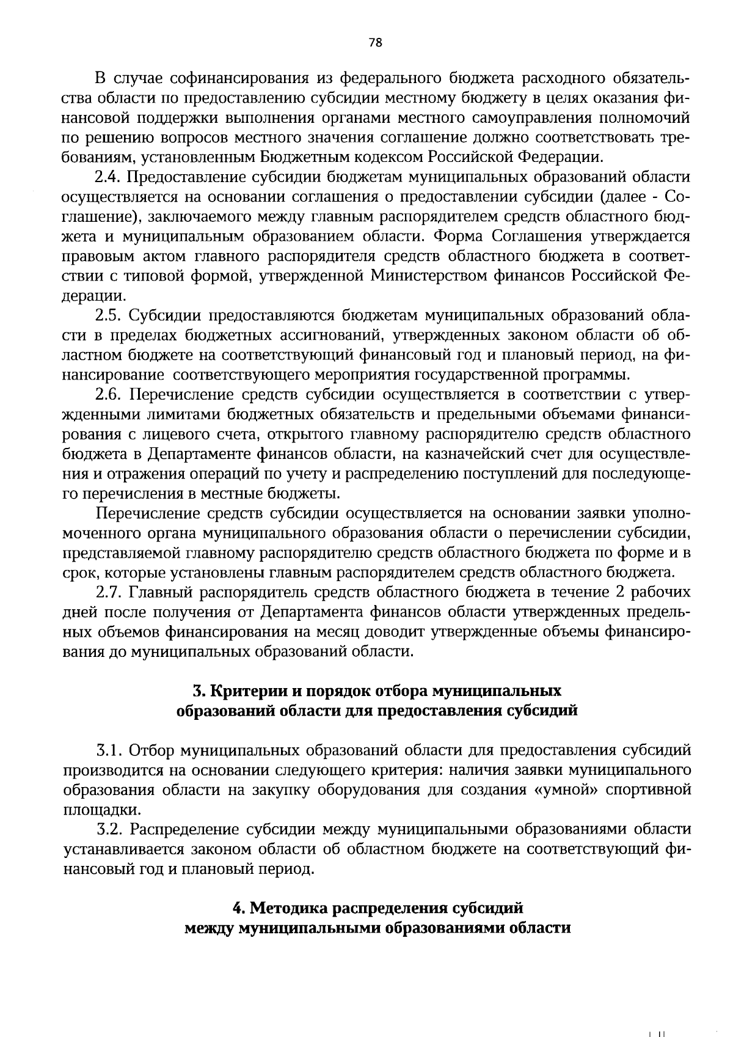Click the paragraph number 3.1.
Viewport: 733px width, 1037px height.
coord(110,750)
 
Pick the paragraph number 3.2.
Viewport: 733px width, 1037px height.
coord(110,829)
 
